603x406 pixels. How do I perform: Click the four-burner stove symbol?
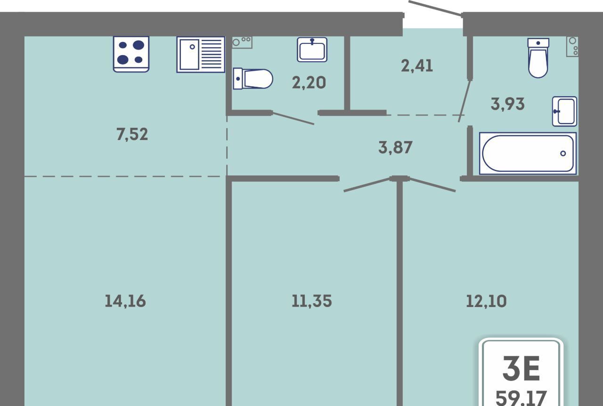(x=131, y=54)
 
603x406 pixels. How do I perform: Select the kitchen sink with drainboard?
(x=201, y=54)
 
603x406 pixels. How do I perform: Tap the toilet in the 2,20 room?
(x=253, y=79)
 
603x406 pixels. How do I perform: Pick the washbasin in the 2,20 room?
(x=312, y=50)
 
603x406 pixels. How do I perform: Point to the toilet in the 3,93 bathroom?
(x=538, y=58)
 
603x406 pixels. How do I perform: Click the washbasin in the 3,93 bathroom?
(x=564, y=111)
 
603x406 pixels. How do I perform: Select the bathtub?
(x=528, y=153)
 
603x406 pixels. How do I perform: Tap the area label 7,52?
(x=132, y=134)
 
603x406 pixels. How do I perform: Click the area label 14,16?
(x=125, y=301)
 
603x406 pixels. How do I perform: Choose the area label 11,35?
(x=312, y=301)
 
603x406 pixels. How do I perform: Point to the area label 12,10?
(x=486, y=301)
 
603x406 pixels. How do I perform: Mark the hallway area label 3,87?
(x=395, y=148)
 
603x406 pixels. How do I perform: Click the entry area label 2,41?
(x=417, y=66)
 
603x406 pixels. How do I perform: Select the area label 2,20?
(x=309, y=83)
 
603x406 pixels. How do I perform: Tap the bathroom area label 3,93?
(x=508, y=104)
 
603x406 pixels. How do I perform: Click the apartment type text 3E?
(x=521, y=368)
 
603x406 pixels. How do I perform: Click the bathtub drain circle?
(x=563, y=153)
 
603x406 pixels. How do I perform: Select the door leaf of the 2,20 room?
(x=293, y=118)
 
